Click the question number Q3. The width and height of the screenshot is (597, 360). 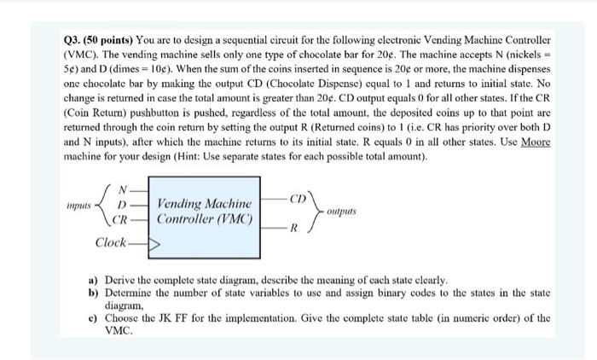74,39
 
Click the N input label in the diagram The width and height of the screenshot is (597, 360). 123,189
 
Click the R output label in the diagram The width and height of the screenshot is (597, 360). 293,229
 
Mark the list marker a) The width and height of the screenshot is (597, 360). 93,279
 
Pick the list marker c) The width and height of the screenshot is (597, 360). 93,315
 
